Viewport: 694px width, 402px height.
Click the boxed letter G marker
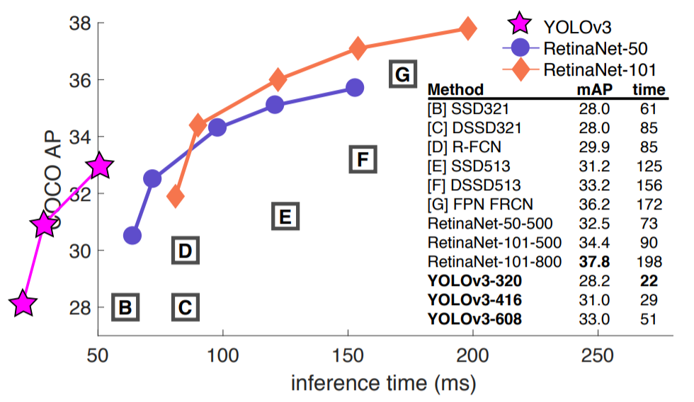pyautogui.click(x=402, y=74)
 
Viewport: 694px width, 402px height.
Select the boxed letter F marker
pyautogui.click(x=362, y=160)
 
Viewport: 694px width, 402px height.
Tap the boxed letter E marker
pyautogui.click(x=283, y=216)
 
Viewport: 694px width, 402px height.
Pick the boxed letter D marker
pyautogui.click(x=184, y=251)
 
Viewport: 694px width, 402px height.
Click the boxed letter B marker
pyautogui.click(x=125, y=307)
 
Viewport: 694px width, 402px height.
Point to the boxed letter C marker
pyautogui.click(x=184, y=307)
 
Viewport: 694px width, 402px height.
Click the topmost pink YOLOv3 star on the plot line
pyautogui.click(x=100, y=166)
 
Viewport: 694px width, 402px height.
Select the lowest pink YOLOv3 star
pyautogui.click(x=23, y=304)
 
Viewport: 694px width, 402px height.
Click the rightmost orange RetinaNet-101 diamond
pyautogui.click(x=467, y=28)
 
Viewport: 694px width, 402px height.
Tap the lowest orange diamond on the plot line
pyautogui.click(x=176, y=197)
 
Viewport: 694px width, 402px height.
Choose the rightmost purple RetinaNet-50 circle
pyautogui.click(x=355, y=87)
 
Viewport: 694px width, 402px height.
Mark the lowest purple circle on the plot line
pyautogui.click(x=132, y=235)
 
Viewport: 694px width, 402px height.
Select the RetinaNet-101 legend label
pyautogui.click(x=598, y=70)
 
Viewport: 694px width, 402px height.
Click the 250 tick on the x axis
pyautogui.click(x=598, y=354)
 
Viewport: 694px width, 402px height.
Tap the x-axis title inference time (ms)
pyautogui.click(x=383, y=383)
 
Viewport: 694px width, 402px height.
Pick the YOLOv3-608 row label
pyautogui.click(x=475, y=319)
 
